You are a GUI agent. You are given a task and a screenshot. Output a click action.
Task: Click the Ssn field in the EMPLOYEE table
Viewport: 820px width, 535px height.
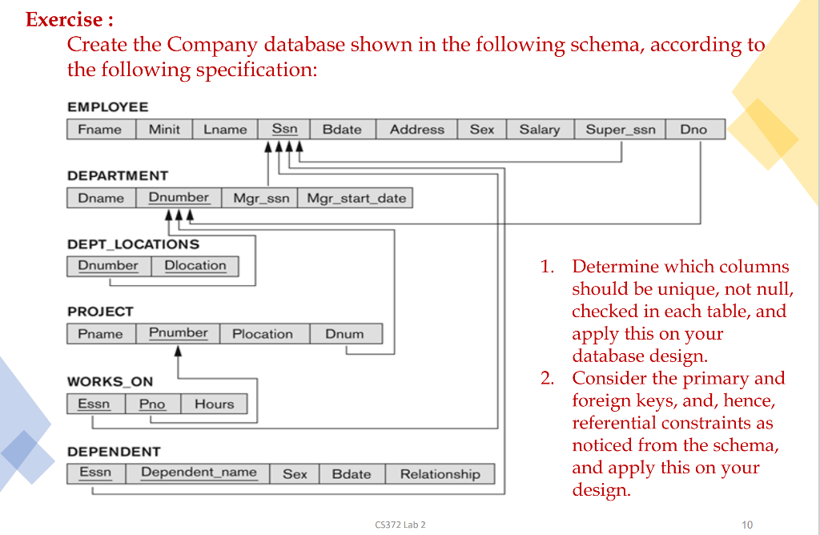284,129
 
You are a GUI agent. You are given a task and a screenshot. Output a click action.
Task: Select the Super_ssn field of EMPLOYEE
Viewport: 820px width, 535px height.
620,130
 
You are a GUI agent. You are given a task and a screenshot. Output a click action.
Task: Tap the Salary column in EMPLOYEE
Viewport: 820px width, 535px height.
539,130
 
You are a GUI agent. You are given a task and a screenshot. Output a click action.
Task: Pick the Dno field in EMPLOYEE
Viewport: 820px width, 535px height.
693,130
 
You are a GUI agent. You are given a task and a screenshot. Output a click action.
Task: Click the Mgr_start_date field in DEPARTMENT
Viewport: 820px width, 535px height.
356,198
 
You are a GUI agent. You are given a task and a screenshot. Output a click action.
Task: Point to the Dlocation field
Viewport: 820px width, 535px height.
195,266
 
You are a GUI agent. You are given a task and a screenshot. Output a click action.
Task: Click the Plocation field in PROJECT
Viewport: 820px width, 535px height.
262,334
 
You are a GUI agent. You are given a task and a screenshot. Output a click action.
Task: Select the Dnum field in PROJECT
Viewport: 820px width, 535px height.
344,334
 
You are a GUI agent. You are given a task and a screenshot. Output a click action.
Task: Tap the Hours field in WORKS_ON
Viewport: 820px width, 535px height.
214,404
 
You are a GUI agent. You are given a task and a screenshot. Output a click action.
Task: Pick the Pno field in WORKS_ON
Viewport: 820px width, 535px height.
152,404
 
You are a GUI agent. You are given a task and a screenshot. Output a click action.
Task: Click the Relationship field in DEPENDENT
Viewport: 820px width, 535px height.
440,474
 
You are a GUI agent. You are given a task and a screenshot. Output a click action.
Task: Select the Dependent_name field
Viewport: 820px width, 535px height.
199,473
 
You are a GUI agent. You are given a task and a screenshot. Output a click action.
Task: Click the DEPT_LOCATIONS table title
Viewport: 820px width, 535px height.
133,244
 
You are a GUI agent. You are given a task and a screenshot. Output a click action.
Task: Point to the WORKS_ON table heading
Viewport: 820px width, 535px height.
110,382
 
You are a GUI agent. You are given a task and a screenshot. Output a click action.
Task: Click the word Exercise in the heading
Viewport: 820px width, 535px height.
64,19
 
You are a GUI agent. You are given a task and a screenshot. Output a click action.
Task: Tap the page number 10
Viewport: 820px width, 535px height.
747,525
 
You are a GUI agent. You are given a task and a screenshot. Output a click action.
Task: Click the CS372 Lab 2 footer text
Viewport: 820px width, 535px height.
400,525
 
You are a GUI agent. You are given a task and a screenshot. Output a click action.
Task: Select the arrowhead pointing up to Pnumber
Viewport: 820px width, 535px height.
178,352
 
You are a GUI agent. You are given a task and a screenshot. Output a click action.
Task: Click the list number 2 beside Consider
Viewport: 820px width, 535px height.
547,378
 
